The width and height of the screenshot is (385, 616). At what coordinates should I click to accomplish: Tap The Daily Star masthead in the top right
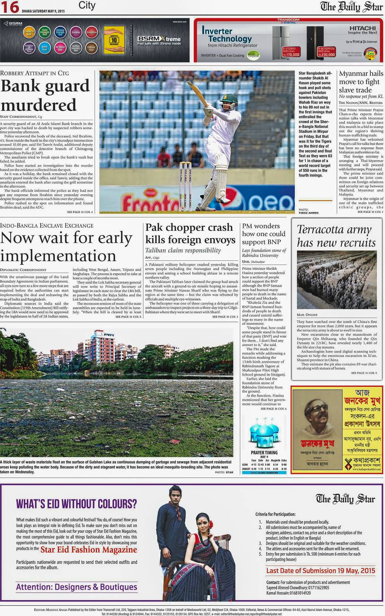[351, 7]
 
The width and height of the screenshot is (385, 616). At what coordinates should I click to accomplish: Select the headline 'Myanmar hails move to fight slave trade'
[361, 82]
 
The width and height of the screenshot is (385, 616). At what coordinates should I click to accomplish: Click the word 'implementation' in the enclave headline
[58, 256]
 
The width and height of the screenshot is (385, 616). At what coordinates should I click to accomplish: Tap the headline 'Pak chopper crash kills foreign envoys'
[190, 233]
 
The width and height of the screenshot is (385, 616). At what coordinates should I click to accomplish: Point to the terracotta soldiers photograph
[337, 280]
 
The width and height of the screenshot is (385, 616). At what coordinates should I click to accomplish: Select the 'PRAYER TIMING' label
[264, 453]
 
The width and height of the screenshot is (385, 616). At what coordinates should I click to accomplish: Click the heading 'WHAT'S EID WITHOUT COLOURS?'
[76, 504]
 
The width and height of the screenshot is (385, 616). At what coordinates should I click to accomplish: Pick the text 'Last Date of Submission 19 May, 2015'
[321, 570]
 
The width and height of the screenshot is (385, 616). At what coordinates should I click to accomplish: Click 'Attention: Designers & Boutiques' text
[77, 587]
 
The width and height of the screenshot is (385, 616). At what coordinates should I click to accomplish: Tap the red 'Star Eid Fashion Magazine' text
[89, 549]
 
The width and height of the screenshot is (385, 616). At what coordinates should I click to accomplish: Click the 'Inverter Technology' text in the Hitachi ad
[227, 35]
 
